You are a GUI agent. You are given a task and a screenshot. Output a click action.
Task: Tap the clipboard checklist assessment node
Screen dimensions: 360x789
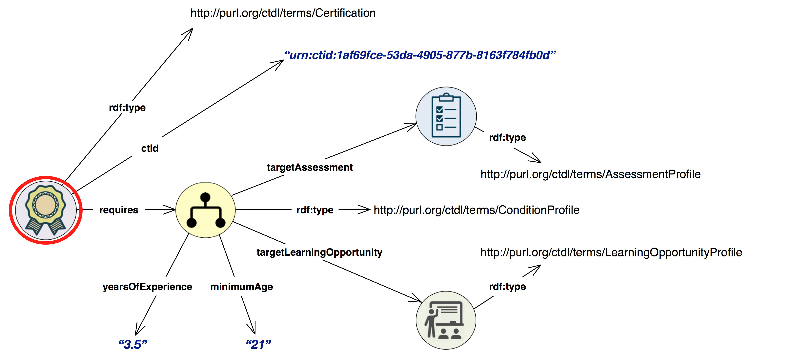click(x=446, y=116)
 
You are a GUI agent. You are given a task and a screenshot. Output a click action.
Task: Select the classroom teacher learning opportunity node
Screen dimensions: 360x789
click(x=446, y=320)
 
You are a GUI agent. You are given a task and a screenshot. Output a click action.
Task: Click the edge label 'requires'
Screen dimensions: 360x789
click(x=119, y=210)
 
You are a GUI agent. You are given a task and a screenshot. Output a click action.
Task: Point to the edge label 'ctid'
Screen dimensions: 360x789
click(x=150, y=148)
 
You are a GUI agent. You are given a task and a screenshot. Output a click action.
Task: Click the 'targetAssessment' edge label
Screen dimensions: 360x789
click(x=310, y=168)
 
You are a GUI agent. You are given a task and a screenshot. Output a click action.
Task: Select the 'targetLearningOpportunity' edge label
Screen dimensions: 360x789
click(x=319, y=252)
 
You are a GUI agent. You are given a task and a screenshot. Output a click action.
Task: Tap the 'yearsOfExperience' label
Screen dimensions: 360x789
click(x=147, y=287)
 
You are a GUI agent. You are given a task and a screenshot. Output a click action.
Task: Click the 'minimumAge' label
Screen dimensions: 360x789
click(x=242, y=287)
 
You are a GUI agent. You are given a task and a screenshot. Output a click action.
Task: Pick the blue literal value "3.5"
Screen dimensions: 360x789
click(x=133, y=344)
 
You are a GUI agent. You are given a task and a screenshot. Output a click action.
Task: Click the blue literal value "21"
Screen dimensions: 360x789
click(x=258, y=344)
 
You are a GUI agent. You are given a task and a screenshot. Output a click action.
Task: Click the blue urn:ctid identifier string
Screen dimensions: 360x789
click(x=420, y=55)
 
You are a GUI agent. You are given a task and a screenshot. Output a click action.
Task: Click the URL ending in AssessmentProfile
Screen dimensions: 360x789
click(x=591, y=174)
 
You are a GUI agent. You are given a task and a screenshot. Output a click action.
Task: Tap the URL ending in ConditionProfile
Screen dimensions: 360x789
click(x=476, y=210)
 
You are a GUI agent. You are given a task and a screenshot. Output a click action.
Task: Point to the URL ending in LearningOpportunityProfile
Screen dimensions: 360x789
click(x=611, y=252)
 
